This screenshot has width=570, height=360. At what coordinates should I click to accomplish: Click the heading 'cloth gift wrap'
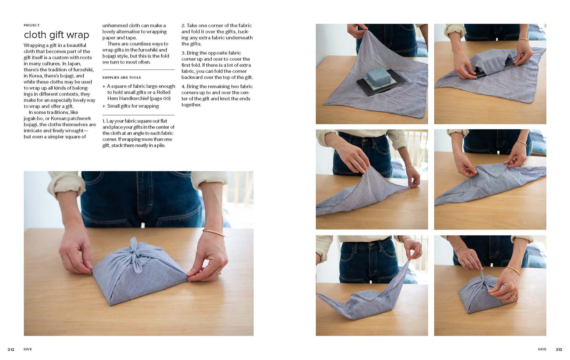(x=56, y=35)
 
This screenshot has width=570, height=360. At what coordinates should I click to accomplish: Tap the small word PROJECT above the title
(x=32, y=25)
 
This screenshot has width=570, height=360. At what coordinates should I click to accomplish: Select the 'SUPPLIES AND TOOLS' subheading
(x=121, y=78)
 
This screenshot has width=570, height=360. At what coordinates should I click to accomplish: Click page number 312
(x=11, y=349)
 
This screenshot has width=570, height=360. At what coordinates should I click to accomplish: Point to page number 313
(x=559, y=349)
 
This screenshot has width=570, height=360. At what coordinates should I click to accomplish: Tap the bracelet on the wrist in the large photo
(x=214, y=233)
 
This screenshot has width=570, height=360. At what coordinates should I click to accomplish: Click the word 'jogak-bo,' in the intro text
(x=34, y=119)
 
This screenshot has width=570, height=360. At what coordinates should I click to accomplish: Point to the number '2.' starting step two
(x=183, y=26)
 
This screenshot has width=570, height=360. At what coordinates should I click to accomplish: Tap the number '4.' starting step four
(x=183, y=86)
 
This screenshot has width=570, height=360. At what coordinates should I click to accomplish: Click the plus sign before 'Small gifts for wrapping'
(x=104, y=106)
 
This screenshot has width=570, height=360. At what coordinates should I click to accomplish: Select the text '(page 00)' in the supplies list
(x=161, y=99)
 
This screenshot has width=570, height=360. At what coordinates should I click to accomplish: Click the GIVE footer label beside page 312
(x=28, y=349)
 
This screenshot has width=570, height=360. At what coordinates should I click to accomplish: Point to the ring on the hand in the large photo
(x=218, y=273)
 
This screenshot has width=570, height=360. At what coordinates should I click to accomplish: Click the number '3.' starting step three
(x=183, y=53)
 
